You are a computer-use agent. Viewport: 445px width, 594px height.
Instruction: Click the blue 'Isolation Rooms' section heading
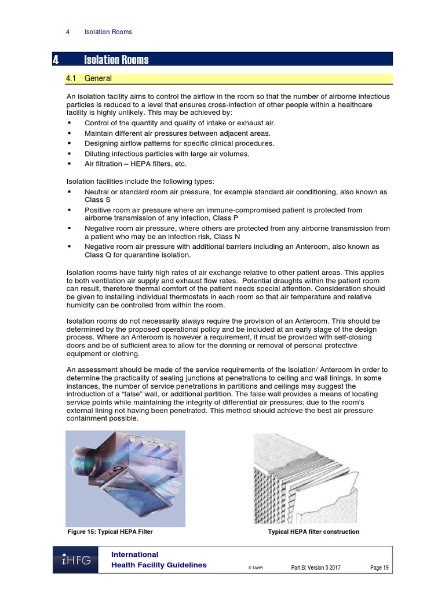point(116,60)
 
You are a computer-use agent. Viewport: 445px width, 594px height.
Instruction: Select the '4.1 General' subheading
point(98,78)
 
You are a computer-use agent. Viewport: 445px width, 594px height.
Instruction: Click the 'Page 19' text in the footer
point(380,567)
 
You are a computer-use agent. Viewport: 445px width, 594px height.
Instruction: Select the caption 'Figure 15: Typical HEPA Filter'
point(110,532)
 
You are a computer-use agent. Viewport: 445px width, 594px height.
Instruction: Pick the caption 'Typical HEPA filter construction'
point(313,532)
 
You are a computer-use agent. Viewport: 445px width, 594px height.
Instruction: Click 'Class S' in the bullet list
point(96,199)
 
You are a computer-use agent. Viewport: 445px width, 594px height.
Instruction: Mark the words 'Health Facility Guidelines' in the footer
point(159,566)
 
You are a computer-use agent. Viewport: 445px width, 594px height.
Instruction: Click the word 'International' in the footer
point(134,555)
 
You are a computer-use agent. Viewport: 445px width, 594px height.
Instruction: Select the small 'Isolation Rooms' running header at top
point(108,32)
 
